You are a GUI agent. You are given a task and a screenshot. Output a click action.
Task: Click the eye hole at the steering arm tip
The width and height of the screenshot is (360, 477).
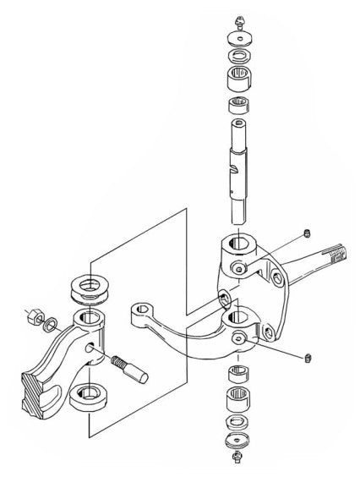135,312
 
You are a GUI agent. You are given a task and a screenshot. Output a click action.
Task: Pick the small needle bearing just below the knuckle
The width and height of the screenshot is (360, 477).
239,376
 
